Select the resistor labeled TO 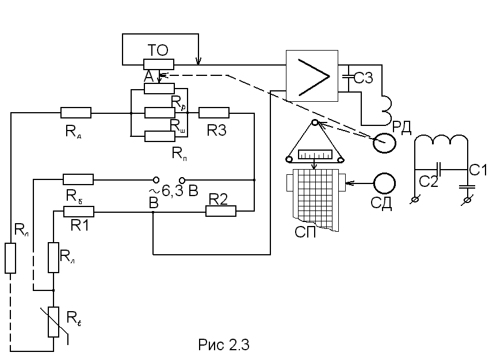pos(158,64)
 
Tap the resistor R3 pos(214,113)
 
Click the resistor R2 pos(221,212)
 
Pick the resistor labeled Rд pos(75,113)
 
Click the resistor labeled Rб pos(78,179)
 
